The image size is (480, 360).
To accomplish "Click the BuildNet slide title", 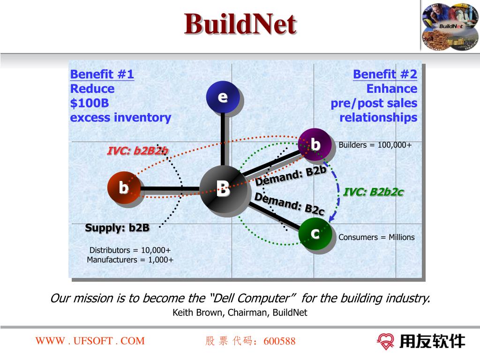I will click(240, 24).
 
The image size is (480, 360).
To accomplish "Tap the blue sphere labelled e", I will click(223, 97).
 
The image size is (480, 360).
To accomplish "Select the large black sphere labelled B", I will click(223, 189).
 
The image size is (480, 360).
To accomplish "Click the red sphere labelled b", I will click(123, 188).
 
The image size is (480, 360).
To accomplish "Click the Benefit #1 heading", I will click(102, 74).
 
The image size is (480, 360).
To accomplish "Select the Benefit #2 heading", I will click(385, 74).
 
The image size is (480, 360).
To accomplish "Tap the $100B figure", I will click(90, 103).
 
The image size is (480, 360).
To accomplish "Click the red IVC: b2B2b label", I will click(138, 151).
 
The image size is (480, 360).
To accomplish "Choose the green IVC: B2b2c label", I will click(374, 192).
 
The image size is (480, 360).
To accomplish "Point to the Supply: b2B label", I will click(117, 228).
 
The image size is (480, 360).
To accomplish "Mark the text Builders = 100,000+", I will click(375, 145).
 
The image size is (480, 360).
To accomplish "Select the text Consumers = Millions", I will click(376, 237).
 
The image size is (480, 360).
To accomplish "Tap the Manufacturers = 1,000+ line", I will click(130, 260).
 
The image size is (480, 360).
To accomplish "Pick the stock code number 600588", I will click(280, 341).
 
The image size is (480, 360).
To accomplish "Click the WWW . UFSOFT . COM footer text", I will click(90, 341).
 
